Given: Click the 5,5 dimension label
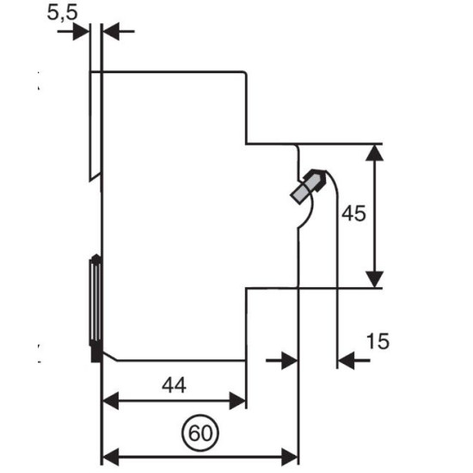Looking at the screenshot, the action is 62,13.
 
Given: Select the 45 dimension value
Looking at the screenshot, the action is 353,213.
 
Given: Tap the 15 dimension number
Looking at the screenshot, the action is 378,341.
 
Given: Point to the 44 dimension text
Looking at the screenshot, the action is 174,385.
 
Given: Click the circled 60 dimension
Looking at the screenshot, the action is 200,433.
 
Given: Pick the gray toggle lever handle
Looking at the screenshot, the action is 308,186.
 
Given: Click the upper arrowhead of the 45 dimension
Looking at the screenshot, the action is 374,153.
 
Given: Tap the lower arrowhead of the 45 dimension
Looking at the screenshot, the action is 374,279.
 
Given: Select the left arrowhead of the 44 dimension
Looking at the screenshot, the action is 111,401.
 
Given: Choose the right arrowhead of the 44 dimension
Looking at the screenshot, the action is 237,401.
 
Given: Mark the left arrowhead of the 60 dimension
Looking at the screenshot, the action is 111,457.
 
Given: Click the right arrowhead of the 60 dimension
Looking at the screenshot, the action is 290,457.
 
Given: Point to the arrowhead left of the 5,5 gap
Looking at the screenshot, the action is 81,31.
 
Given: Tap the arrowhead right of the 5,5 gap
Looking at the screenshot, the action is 111,31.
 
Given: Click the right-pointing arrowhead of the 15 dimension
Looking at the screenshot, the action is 290,359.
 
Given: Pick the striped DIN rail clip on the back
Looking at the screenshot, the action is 95,300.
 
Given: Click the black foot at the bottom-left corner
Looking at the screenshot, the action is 96,353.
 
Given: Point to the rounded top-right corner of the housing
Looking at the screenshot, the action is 244,73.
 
